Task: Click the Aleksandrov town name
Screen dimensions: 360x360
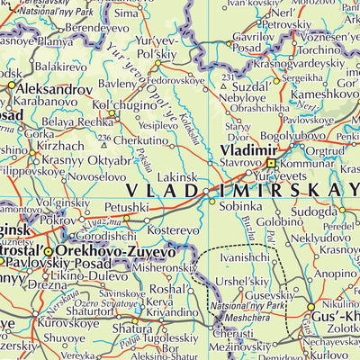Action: (53, 91)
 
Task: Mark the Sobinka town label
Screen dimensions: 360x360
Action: (238, 205)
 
